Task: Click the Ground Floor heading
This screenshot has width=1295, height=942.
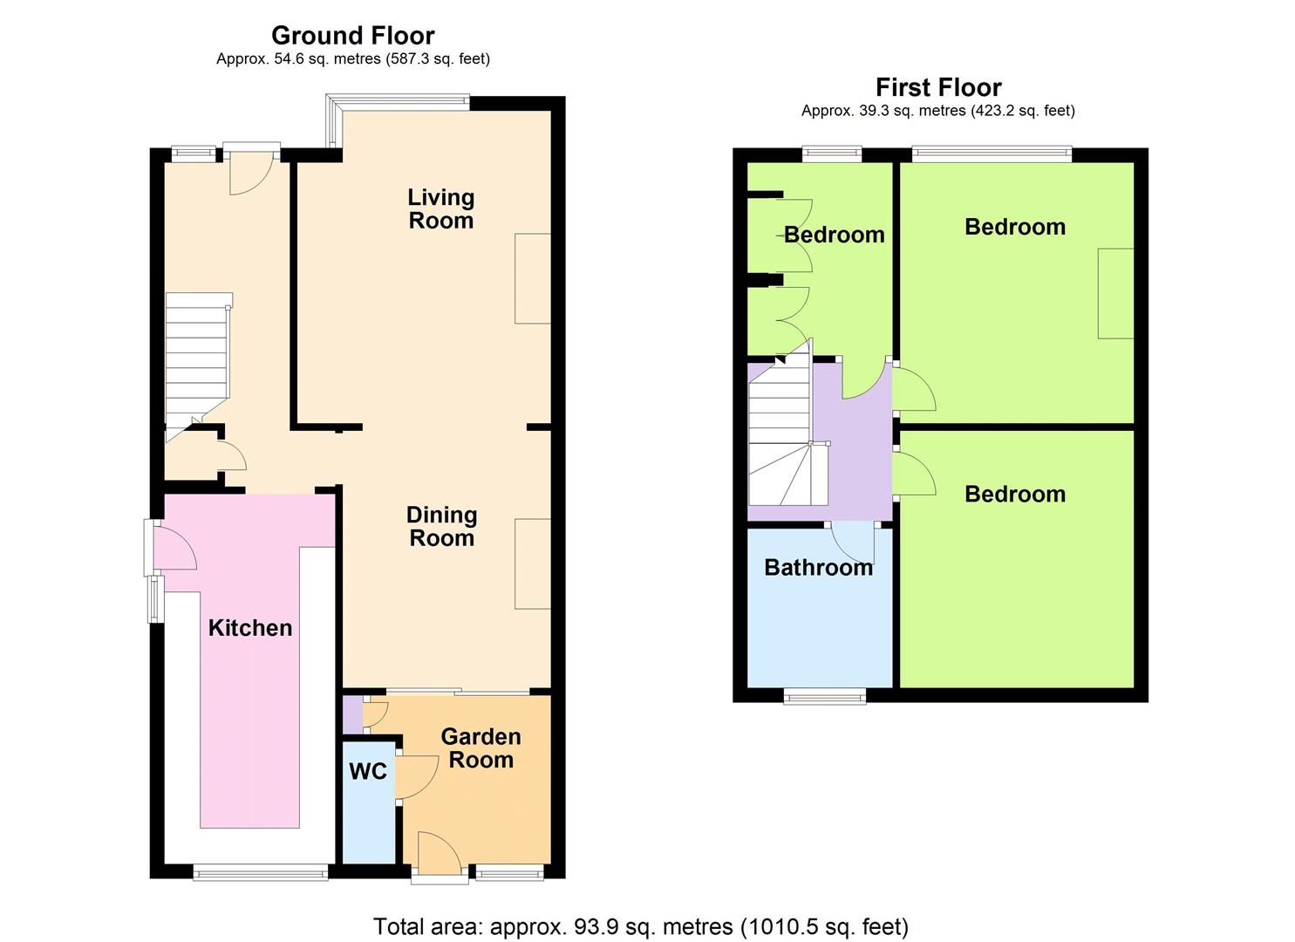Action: pos(352,36)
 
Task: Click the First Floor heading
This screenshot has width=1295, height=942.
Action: pos(938,88)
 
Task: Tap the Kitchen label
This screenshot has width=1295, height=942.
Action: pos(250,628)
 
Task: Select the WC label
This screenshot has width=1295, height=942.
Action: pos(368,771)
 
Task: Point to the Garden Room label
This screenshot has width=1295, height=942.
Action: pos(481,748)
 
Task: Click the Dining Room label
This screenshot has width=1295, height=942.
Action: pos(441,527)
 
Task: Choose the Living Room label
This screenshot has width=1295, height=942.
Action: pos(441,208)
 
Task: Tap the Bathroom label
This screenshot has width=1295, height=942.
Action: pos(819,567)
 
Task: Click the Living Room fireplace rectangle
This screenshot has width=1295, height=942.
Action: pos(533,279)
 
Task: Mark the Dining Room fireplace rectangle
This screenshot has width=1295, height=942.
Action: pos(533,563)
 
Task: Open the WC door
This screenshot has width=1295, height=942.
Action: pos(416,777)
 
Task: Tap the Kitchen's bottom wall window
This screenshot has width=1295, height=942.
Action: pos(260,872)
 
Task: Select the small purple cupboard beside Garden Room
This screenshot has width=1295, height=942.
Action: pos(352,714)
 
